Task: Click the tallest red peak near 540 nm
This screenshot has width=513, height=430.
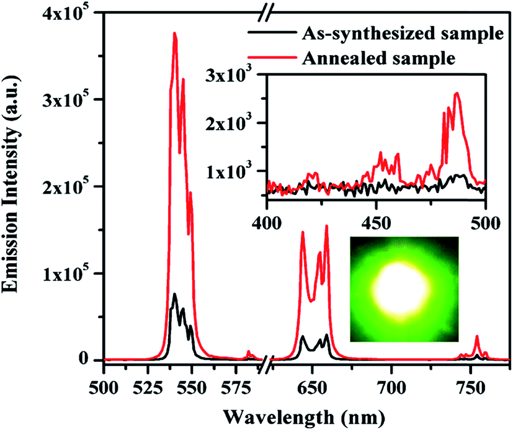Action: point(175,34)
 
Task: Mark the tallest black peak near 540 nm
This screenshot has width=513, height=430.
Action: point(175,294)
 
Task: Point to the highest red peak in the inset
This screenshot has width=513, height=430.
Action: point(457,93)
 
